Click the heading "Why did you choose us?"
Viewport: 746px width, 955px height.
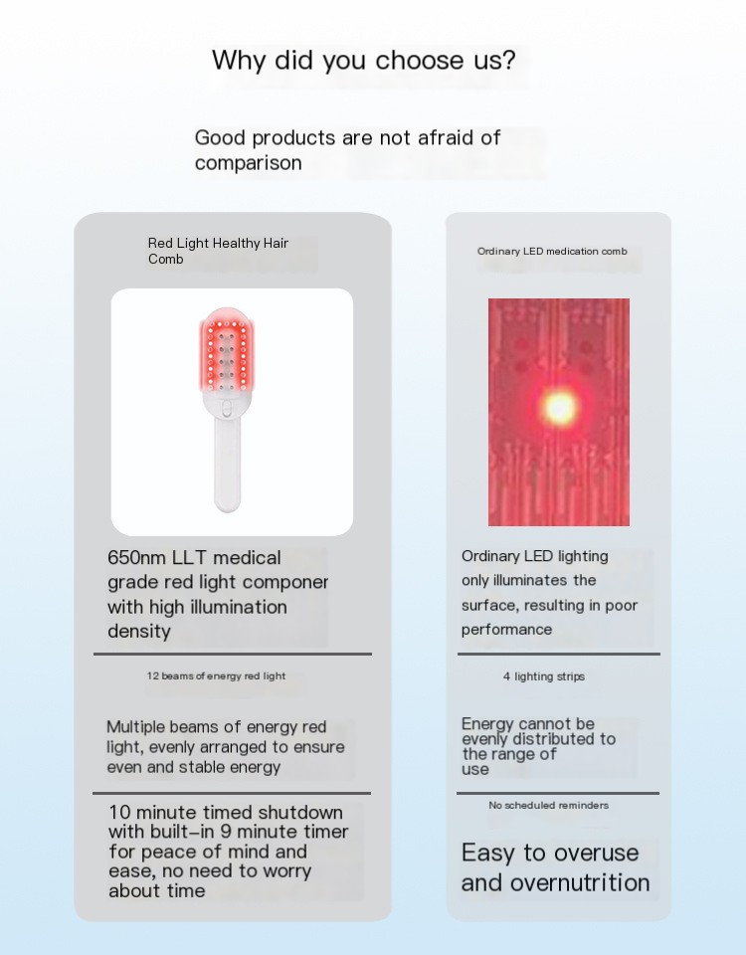(x=364, y=61)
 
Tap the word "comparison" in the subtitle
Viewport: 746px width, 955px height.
(x=248, y=163)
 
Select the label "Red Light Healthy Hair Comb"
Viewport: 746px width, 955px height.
(x=218, y=251)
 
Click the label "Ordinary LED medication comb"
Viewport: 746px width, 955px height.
(x=552, y=252)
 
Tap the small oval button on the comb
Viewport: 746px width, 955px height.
(x=227, y=409)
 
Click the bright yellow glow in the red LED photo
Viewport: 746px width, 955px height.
(x=559, y=406)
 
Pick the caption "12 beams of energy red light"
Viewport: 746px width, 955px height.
(x=216, y=676)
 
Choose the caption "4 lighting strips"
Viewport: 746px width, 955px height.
(x=544, y=676)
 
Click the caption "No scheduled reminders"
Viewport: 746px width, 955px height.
(x=548, y=806)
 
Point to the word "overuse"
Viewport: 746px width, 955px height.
(x=595, y=854)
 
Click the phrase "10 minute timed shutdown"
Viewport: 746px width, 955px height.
(x=226, y=813)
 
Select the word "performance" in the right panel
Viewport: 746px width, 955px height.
(x=506, y=630)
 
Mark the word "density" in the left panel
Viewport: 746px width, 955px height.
(x=139, y=632)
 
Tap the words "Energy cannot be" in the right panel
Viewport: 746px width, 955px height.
(x=528, y=724)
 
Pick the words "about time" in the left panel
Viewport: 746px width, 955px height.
(x=157, y=891)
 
